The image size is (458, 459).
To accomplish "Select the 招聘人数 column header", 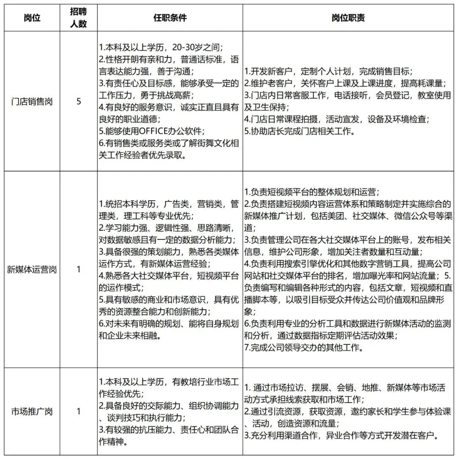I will [78, 18].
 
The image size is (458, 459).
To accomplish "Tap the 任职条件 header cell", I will [170, 18].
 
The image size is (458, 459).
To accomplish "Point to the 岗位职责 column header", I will [349, 18].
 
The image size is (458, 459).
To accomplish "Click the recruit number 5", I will [78, 102].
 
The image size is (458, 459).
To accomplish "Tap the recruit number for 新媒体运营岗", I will [78, 269].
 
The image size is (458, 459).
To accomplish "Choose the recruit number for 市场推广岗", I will [78, 411].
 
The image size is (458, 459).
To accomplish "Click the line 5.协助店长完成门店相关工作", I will [299, 131].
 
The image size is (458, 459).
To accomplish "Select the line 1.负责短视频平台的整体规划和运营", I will [312, 192].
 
